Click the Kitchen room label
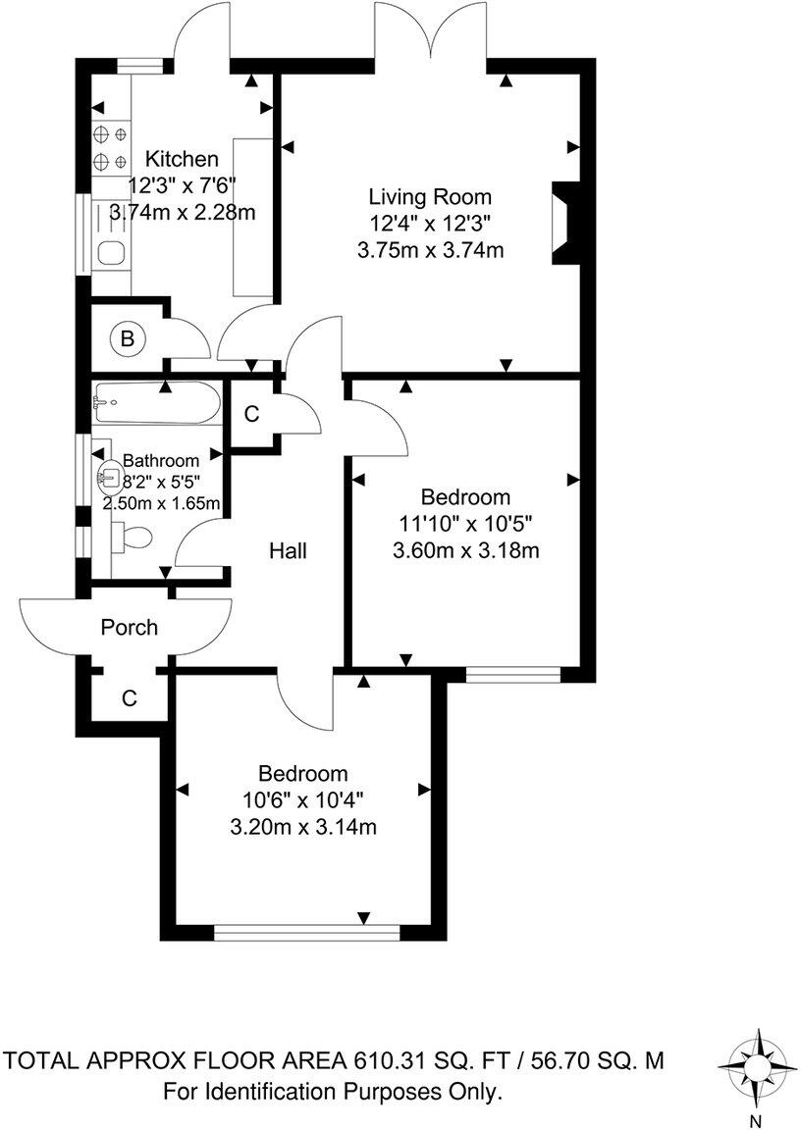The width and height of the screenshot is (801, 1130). pos(182,159)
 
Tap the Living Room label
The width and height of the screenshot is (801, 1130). pos(430,196)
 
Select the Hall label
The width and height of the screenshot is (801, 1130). pos(289,551)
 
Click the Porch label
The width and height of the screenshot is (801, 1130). pos(130,627)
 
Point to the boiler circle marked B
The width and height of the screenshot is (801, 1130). pos(126,339)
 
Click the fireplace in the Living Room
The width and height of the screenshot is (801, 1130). pos(567,224)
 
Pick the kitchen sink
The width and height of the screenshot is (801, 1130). pos(110,254)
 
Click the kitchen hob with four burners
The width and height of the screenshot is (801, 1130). pos(109,147)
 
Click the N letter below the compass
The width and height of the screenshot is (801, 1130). pos(756,1119)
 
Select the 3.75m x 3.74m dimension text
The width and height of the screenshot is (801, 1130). pos(431,250)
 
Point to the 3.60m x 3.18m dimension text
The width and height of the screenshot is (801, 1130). pos(465,550)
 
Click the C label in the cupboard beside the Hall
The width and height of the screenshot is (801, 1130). pos(251,415)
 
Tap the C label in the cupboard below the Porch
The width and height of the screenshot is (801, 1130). pos(129,698)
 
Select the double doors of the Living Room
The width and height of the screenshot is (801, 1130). pos(433,39)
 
